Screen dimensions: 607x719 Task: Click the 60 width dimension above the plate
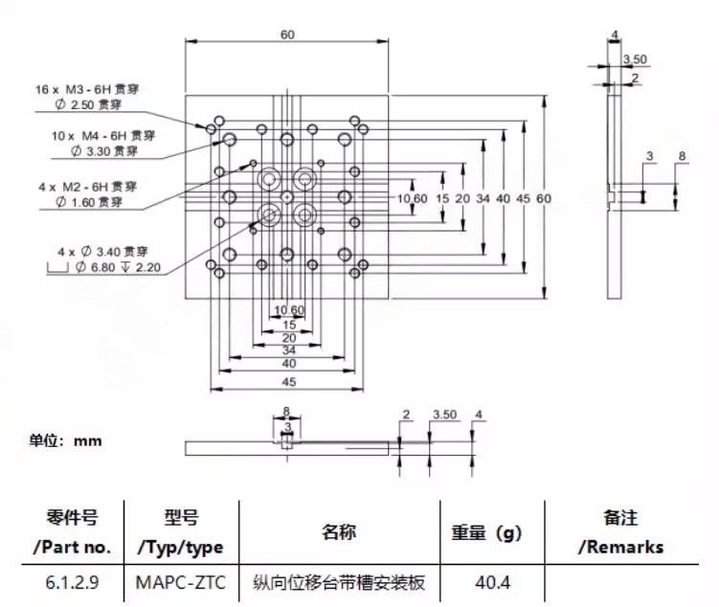pos(287,34)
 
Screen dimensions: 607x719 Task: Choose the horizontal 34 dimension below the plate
pos(287,350)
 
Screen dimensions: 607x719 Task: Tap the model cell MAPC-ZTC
pos(179,581)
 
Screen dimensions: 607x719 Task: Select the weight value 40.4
pos(486,581)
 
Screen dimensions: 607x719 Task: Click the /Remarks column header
pos(619,547)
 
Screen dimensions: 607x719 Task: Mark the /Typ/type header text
pos(180,548)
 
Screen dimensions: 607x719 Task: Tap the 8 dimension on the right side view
pos(682,156)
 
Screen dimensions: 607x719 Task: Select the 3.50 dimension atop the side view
pos(636,59)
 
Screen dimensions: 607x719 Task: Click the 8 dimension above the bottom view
pos(286,414)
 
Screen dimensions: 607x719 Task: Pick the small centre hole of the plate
pos(287,197)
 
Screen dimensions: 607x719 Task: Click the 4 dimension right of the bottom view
pos(479,415)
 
